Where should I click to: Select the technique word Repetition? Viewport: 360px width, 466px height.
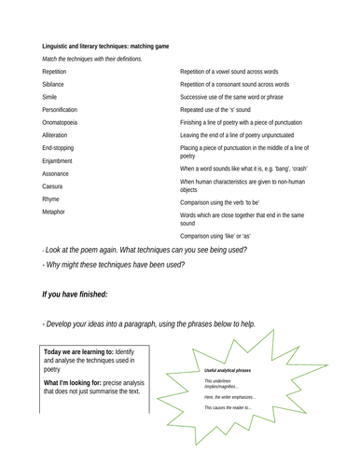(x=58, y=71)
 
